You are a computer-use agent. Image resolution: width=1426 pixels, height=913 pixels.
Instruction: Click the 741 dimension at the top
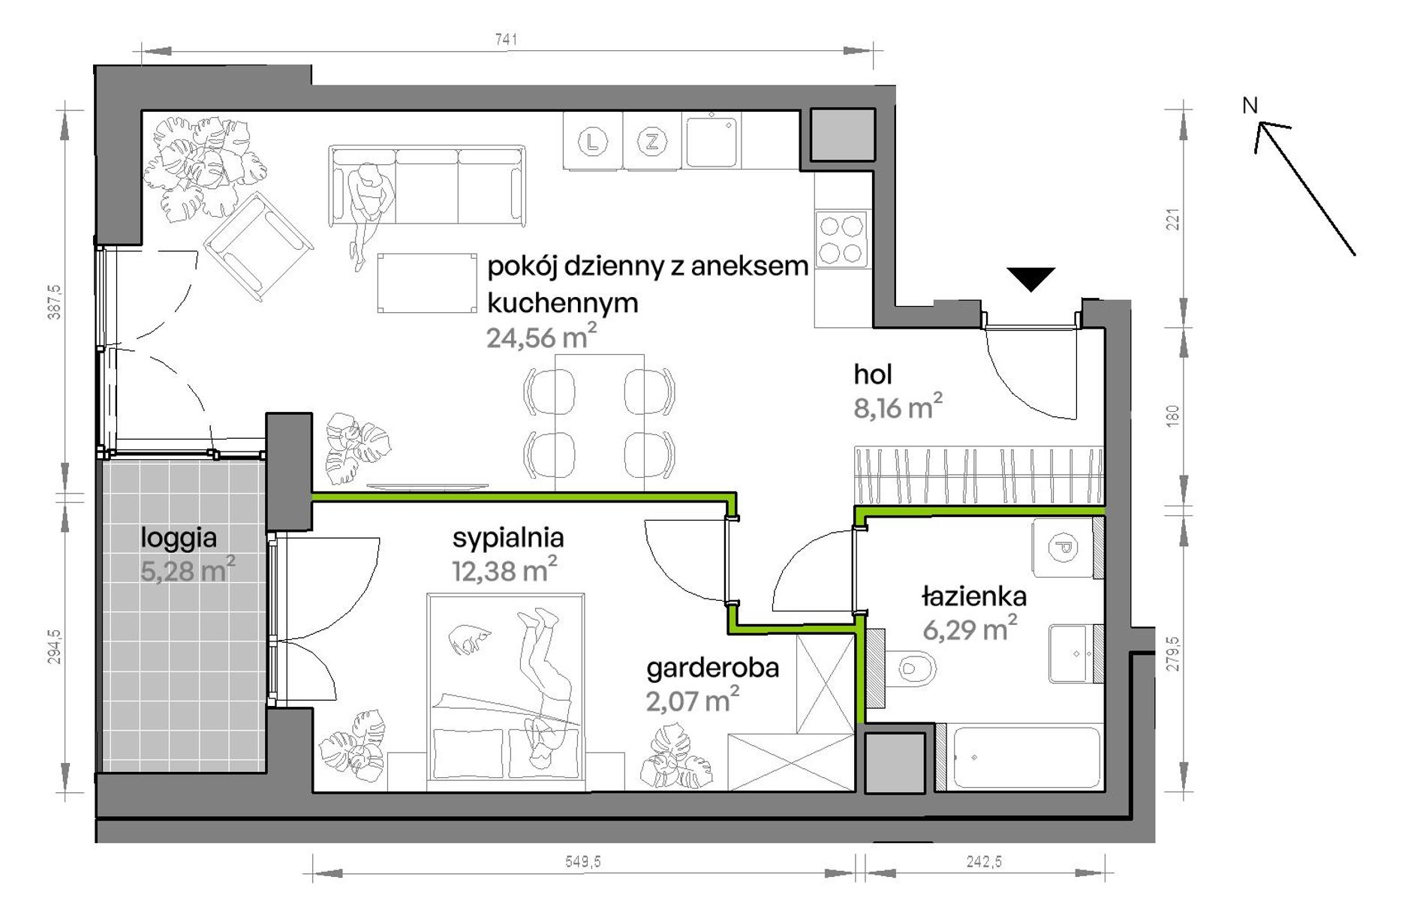tap(506, 39)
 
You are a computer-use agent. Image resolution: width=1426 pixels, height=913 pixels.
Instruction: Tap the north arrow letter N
tap(1250, 106)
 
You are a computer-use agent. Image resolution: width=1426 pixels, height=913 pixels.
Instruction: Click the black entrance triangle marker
tap(1031, 279)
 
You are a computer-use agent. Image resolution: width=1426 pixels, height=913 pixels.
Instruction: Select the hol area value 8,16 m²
tap(898, 407)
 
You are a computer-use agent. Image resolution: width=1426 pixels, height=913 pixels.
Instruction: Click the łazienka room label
tap(973, 596)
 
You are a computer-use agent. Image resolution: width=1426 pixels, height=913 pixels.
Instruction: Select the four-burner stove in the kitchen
tap(841, 239)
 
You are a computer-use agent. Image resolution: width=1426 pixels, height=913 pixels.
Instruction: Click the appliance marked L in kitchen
tap(593, 141)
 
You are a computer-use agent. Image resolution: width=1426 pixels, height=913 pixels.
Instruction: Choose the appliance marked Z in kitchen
tap(651, 141)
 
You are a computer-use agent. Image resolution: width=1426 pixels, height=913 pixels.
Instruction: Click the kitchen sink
tap(711, 140)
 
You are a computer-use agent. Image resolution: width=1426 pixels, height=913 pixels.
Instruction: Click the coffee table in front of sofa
tap(427, 283)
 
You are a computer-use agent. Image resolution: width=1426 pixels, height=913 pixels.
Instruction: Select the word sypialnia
tap(508, 538)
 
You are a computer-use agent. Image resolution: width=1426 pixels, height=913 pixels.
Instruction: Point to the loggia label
tap(179, 538)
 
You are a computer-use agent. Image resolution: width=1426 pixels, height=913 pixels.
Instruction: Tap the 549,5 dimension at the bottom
tap(583, 862)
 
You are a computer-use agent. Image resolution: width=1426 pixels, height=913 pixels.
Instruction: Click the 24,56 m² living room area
tap(541, 338)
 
